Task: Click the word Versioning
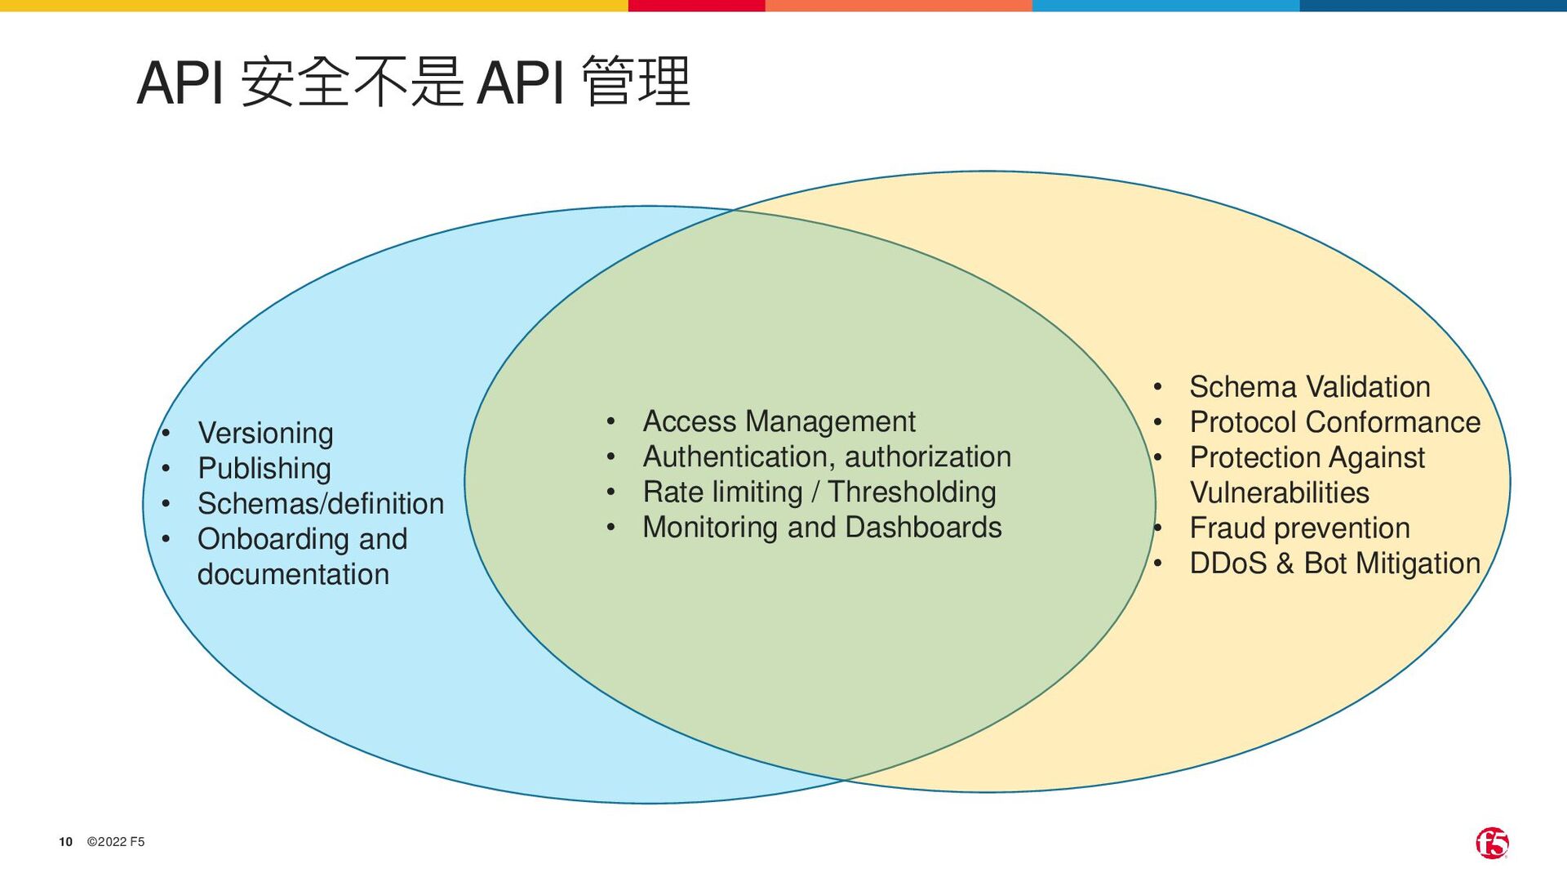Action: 265,433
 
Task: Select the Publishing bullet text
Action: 264,469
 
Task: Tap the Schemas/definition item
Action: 321,504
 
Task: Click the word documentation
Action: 293,574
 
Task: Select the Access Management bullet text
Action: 779,421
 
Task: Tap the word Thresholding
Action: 912,492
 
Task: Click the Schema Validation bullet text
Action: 1309,387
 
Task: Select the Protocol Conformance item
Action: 1334,422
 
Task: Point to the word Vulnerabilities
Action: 1279,493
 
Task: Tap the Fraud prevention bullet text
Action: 1299,528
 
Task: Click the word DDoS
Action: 1227,563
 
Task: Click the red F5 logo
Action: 1492,843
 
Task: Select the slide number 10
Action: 65,842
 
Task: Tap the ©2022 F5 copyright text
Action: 116,842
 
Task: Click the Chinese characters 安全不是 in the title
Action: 353,82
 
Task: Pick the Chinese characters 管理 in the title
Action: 637,82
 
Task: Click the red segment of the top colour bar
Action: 696,6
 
